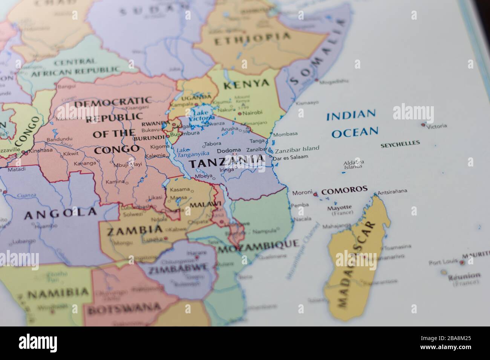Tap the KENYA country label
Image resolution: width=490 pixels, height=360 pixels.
(x=246, y=84)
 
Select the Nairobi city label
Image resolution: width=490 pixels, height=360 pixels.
(x=252, y=113)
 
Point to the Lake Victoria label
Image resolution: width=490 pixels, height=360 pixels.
(x=202, y=116)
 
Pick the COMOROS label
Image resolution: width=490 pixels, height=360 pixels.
(x=344, y=189)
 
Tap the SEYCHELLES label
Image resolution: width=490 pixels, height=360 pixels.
(x=400, y=143)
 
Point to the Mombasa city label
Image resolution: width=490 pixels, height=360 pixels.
(x=285, y=134)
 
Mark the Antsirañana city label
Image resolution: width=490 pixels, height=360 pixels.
(x=392, y=191)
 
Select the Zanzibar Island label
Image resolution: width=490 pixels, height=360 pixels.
(x=297, y=148)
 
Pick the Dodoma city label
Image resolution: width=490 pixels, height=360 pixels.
(x=229, y=150)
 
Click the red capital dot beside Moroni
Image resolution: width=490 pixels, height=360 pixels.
(x=315, y=194)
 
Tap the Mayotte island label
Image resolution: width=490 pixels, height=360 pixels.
(x=339, y=207)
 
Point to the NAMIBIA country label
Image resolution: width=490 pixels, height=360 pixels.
(x=58, y=292)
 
